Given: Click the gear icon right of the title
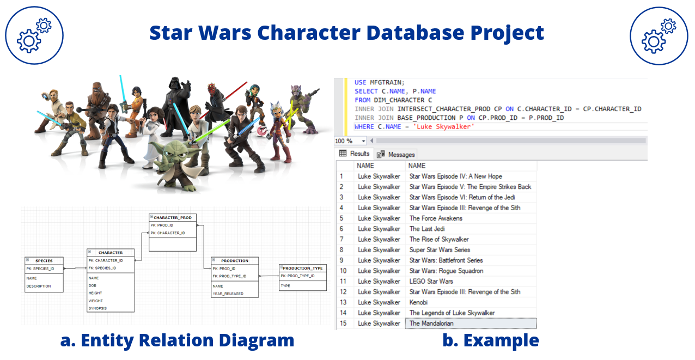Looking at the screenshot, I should click(x=658, y=35).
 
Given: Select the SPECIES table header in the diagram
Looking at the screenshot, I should click(x=44, y=261).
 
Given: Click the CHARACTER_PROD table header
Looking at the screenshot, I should click(x=173, y=217).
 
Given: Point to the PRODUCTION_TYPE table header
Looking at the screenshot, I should click(x=303, y=268).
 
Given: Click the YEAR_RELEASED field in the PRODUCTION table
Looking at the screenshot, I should click(x=228, y=294).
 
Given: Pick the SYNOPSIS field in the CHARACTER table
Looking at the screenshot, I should click(x=97, y=308).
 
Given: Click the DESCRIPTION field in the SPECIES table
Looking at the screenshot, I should click(x=39, y=286).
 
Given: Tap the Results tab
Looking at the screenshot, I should click(x=355, y=154).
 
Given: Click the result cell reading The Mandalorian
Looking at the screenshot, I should click(x=431, y=324).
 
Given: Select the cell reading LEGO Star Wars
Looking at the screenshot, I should click(x=431, y=282).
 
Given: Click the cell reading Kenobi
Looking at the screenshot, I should click(x=419, y=302).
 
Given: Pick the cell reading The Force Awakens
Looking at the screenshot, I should click(x=436, y=218).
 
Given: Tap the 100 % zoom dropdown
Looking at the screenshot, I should click(x=350, y=141).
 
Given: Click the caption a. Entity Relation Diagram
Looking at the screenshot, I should click(x=177, y=340).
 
